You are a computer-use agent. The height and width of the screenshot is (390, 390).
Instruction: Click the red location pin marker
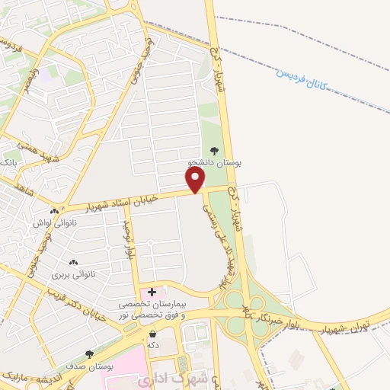(196, 180)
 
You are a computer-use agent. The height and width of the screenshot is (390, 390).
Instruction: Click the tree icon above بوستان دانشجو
(214, 151)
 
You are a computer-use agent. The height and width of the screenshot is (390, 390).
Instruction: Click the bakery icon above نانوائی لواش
(53, 211)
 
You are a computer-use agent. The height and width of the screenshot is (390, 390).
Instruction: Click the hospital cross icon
(152, 292)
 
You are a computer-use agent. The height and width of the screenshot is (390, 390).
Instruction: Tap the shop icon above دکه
(153, 334)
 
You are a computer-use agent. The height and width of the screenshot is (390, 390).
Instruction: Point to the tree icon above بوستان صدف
(90, 354)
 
